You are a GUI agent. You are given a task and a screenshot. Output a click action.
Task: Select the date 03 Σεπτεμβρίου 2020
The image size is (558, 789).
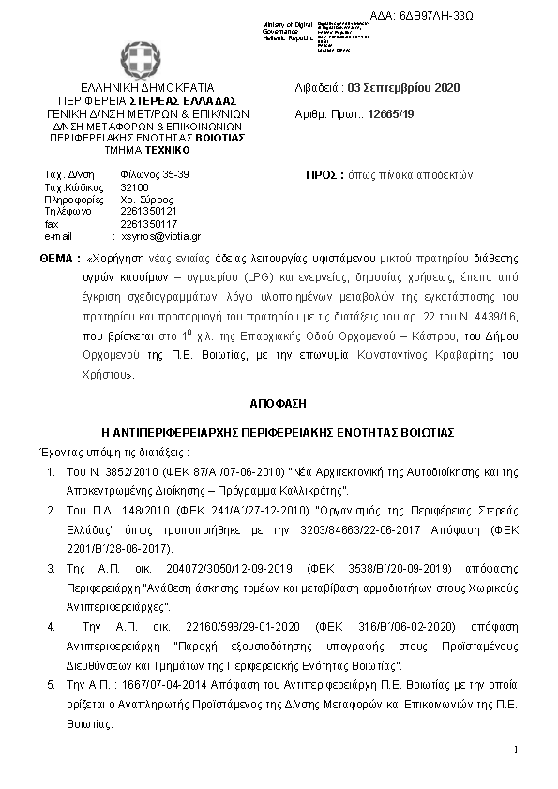coord(403,88)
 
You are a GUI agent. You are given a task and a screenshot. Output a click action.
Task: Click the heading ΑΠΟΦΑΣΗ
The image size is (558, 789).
coord(278,403)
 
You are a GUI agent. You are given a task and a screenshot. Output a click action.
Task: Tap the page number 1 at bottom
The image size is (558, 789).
coord(516,750)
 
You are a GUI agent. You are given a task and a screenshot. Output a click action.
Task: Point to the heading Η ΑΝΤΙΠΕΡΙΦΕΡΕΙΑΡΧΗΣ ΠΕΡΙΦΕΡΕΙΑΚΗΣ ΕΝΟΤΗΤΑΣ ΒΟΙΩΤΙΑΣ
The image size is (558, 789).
coord(278,432)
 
